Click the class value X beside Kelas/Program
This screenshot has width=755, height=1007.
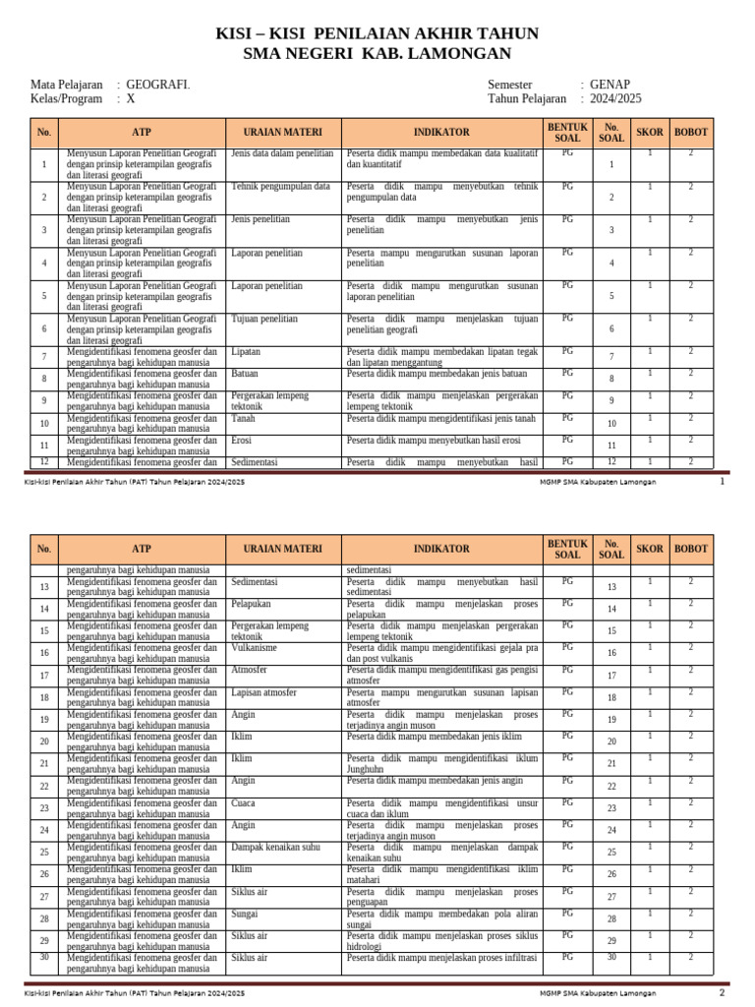[131, 99]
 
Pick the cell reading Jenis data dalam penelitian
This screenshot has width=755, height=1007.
[282, 154]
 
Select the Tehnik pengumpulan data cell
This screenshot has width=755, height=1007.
[280, 187]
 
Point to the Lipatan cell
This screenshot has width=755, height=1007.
[246, 351]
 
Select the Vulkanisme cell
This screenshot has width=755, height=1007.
[254, 648]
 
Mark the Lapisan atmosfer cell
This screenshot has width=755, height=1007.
[263, 692]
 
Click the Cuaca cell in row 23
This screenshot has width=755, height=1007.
[243, 802]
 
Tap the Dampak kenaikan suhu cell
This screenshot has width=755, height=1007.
[275, 847]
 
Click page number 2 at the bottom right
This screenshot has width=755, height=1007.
[722, 992]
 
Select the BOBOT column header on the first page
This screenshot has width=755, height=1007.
[691, 132]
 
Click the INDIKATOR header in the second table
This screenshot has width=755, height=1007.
[441, 549]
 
